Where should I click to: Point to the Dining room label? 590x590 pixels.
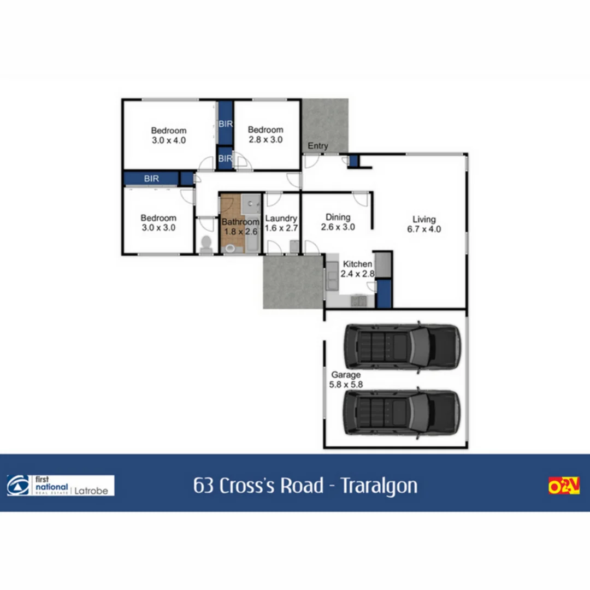point(338,222)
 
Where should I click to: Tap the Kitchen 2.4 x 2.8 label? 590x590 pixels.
point(357,269)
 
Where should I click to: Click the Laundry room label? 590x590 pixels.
point(281,223)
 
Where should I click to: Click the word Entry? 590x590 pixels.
point(318,146)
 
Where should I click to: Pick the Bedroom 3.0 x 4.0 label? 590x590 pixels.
point(169,135)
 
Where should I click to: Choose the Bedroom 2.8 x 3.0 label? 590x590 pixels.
point(265,134)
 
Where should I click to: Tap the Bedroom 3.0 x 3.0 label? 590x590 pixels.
point(158,223)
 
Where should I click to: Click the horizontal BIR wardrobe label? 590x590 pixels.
point(151,178)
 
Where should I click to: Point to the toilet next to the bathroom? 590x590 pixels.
point(206,244)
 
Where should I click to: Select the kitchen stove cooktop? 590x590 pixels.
point(358,300)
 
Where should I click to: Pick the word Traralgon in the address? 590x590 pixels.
point(379,485)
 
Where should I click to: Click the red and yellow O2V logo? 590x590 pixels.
point(564,485)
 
